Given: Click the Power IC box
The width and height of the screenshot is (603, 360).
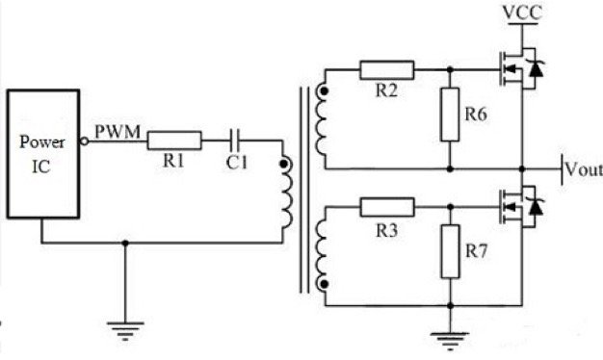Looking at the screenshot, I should tap(43, 153).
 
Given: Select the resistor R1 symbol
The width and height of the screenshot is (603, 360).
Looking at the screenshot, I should tap(174, 141).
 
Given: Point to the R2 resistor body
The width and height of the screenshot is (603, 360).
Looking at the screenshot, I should tap(387, 69).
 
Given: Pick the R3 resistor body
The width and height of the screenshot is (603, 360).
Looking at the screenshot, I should tap(387, 205).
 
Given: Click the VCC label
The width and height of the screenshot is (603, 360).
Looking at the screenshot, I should tap(520, 13).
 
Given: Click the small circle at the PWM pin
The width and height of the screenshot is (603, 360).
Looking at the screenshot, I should tap(85, 141).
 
